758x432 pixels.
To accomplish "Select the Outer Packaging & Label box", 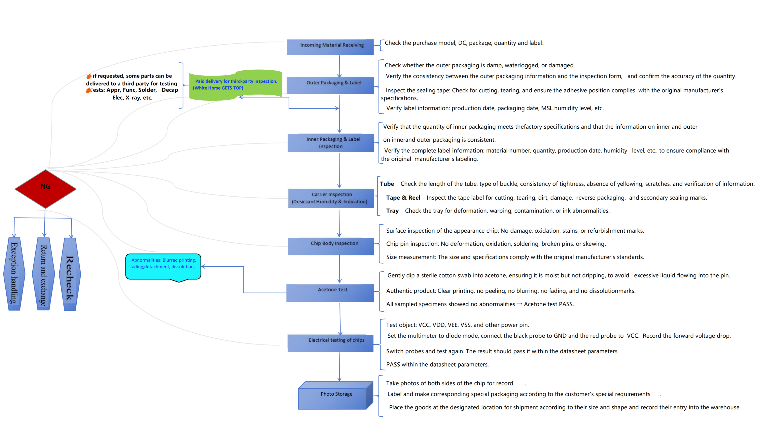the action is click(330, 85).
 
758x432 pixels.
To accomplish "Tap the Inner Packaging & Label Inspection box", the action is click(330, 143).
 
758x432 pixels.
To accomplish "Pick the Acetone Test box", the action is click(330, 293).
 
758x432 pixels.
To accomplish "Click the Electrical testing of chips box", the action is click(330, 343).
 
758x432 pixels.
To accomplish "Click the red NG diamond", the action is click(45, 189).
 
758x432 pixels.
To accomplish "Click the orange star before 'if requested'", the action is click(89, 76).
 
